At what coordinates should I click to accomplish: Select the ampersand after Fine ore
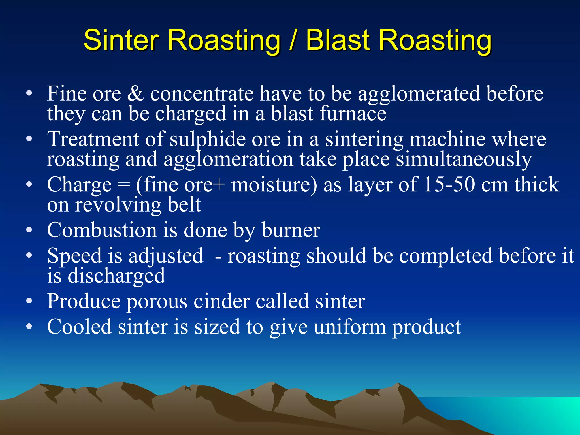[x=135, y=93]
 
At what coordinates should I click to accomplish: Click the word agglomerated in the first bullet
[x=419, y=94]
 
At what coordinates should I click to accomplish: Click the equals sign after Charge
[x=123, y=185]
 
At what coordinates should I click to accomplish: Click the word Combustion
[x=102, y=230]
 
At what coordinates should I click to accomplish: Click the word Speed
[x=74, y=256]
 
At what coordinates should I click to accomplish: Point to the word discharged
[x=116, y=276]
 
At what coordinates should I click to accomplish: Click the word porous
[x=157, y=302]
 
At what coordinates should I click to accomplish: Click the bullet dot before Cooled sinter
[x=29, y=327]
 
